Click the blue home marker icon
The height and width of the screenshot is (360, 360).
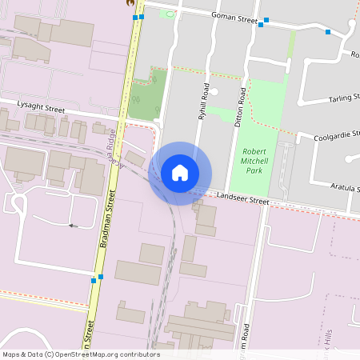click(180, 173)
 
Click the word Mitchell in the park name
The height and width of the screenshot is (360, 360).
click(262, 160)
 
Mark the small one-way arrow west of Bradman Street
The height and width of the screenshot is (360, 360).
click(72, 226)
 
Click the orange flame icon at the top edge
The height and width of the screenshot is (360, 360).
click(130, 2)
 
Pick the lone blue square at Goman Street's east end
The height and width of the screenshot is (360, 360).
click(327, 32)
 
